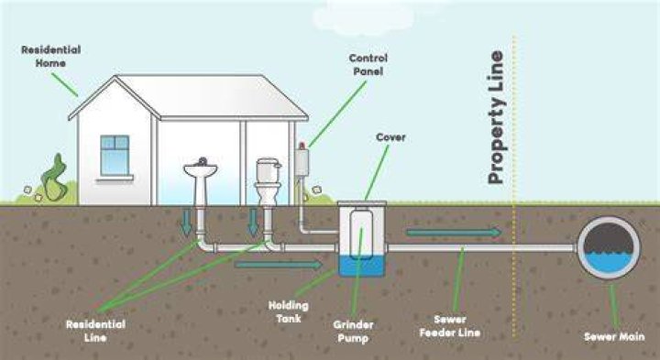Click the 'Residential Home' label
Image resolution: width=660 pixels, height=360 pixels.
click(51, 57)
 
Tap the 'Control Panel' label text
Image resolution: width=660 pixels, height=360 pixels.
click(368, 65)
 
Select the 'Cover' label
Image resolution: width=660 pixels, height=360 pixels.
click(390, 137)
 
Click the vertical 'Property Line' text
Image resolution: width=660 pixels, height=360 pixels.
click(496, 117)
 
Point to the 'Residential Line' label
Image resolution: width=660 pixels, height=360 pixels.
click(95, 331)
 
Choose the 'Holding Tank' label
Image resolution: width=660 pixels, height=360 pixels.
click(289, 311)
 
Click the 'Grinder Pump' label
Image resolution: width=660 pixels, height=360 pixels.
click(353, 332)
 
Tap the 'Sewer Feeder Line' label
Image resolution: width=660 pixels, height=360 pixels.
click(449, 326)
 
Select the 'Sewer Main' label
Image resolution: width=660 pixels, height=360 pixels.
click(614, 336)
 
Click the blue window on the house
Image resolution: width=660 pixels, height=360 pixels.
click(115, 155)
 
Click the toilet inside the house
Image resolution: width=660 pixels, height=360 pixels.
click(268, 181)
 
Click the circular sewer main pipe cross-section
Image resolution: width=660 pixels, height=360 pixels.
click(609, 247)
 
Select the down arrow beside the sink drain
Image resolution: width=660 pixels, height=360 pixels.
click(186, 223)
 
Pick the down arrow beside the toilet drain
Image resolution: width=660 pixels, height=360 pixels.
click(253, 223)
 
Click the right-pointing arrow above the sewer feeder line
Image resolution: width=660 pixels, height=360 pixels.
click(454, 232)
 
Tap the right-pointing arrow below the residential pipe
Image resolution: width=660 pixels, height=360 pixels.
click(279, 265)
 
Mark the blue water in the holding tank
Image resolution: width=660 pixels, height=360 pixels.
click(362, 266)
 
